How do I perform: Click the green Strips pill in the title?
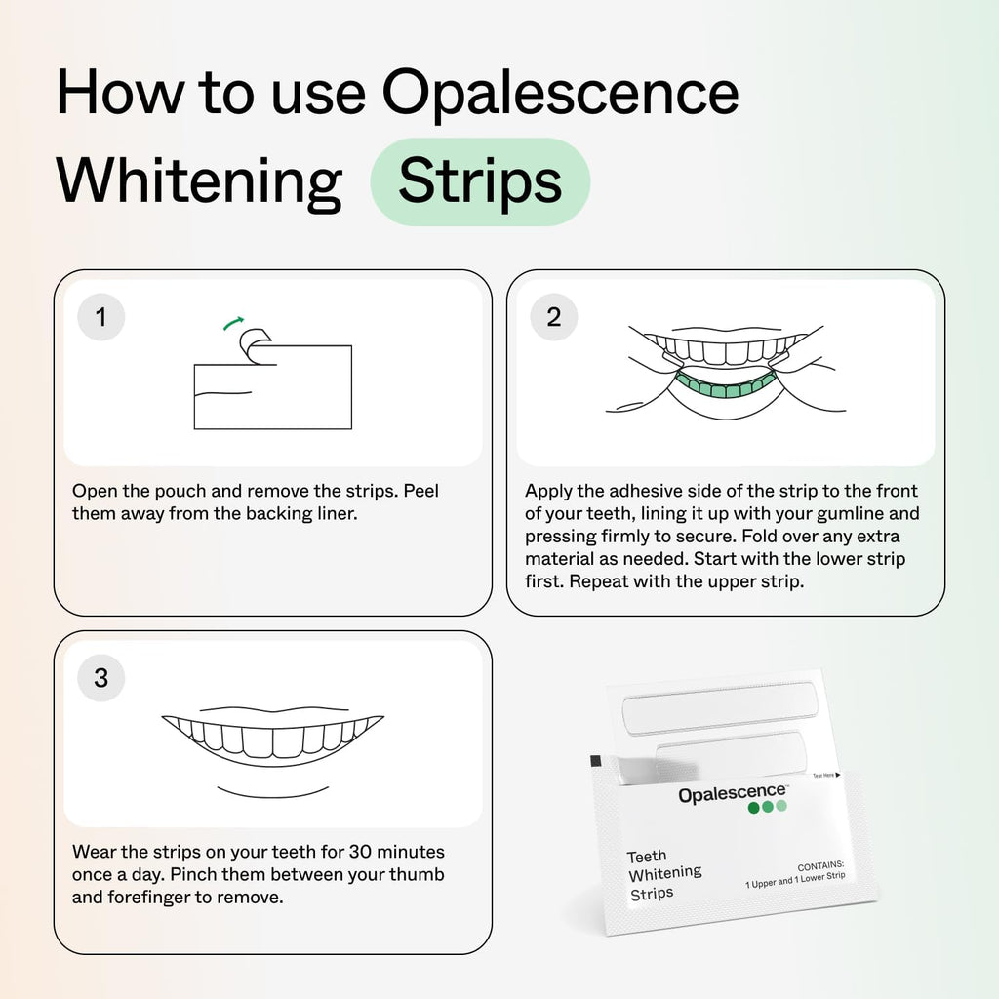tap(480, 181)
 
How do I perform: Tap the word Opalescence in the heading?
tap(560, 94)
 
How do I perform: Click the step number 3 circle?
tap(100, 677)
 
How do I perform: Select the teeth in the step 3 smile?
tap(273, 738)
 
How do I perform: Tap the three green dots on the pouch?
tap(766, 807)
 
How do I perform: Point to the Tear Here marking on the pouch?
tap(825, 775)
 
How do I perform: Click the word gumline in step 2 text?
tap(872, 513)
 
